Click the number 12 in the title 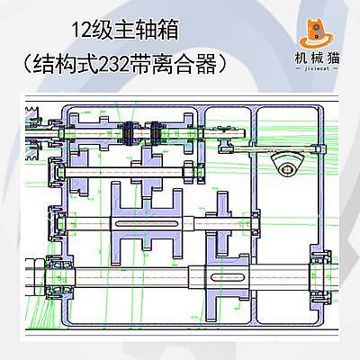click(81, 30)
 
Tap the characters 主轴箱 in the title click(146, 30)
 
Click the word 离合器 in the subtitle click(184, 64)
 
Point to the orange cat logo click(316, 33)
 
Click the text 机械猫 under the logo click(317, 58)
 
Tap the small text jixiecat click(317, 68)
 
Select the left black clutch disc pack click(129, 133)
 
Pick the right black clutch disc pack click(154, 133)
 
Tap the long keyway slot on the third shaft click(146, 223)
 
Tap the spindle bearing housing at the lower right click(320, 276)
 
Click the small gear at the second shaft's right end click(188, 172)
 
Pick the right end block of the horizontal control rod click(319, 148)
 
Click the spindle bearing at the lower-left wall click(59, 277)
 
